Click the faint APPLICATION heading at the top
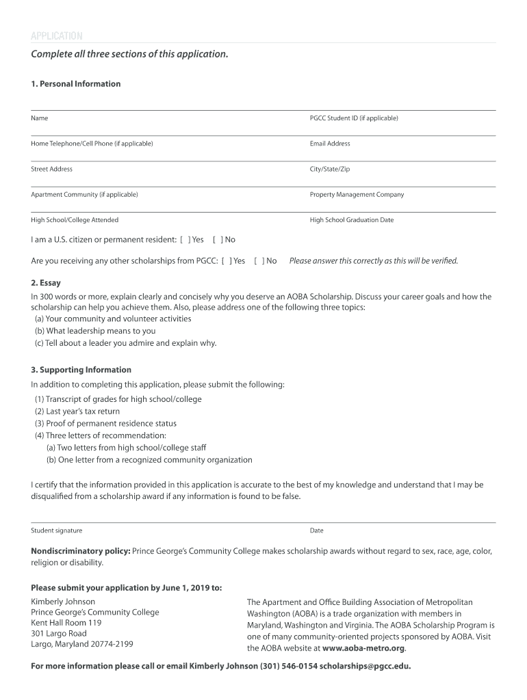tap(57, 36)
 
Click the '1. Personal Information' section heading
tap(75, 84)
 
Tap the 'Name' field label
tap(40, 118)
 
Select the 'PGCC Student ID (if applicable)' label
tap(353, 118)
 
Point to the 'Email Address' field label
tap(330, 144)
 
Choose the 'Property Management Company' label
tap(357, 195)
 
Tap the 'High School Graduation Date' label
tap(352, 220)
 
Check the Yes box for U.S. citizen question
tap(185, 240)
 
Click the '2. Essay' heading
tap(46, 283)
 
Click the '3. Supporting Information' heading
tap(81, 370)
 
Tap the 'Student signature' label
tap(57, 530)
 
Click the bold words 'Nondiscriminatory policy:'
tap(80, 551)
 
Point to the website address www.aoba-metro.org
tap(363, 648)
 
